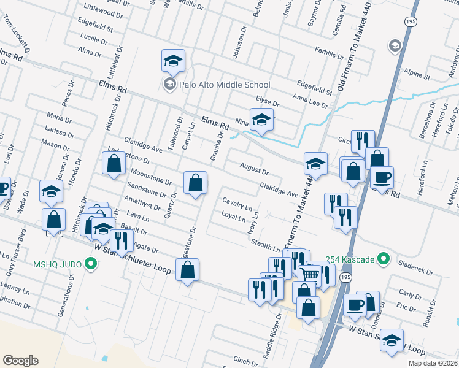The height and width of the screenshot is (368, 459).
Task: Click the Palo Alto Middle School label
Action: [225, 85]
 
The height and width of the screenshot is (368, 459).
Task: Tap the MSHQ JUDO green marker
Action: [91, 265]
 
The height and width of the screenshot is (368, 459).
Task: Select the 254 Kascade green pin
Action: [384, 259]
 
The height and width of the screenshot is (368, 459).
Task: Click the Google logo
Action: [20, 361]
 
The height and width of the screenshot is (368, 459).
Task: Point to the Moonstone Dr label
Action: [151, 178]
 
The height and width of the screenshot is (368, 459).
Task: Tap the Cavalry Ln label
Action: [237, 203]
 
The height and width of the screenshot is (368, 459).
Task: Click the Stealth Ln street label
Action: [265, 244]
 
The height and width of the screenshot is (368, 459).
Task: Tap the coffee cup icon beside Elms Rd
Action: [382, 178]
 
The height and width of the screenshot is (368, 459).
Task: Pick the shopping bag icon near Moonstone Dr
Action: [195, 183]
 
